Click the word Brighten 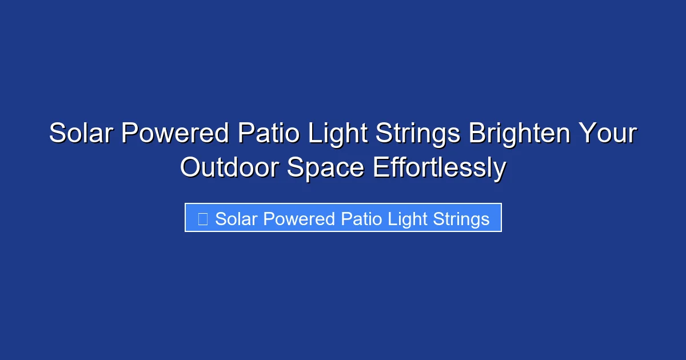coord(519,134)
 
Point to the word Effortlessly coord(439,168)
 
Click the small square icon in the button coord(202,219)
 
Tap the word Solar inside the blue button coord(234,219)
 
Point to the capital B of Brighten coord(477,134)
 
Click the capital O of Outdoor coord(190,168)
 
